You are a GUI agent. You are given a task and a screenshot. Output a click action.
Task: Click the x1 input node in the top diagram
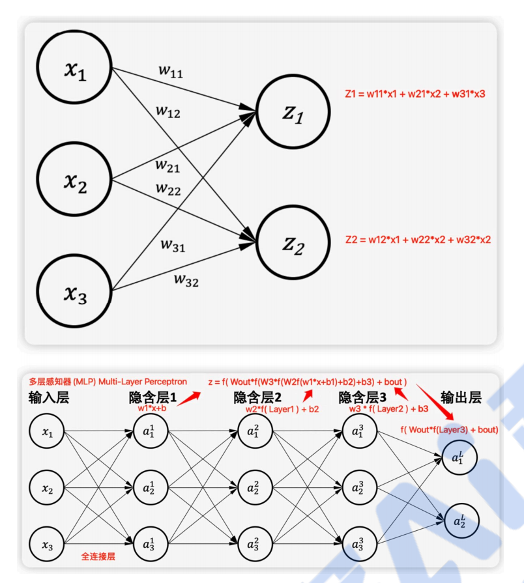75,70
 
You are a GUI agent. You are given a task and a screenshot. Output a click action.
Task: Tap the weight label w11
171,70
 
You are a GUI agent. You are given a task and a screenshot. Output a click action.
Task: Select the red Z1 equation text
415,94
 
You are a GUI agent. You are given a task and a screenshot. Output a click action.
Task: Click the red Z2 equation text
417,240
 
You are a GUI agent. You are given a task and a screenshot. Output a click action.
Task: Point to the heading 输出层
462,398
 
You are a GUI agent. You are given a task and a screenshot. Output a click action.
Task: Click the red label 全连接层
98,557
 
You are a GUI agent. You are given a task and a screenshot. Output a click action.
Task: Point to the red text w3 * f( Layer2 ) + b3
379,408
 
